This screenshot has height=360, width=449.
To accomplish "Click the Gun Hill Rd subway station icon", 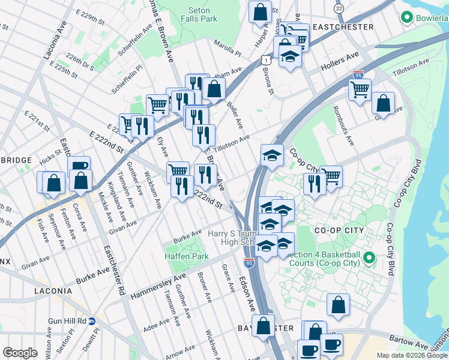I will (92, 321).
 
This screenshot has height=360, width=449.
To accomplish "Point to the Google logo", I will (20, 353).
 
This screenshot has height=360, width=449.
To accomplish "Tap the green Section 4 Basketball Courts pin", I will (370, 258).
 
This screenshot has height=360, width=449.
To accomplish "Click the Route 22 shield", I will (339, 8).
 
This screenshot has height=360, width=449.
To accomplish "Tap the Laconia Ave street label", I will (46, 39).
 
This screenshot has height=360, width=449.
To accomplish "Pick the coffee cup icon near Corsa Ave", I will (79, 166).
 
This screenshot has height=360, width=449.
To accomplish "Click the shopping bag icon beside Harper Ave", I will (261, 11).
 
